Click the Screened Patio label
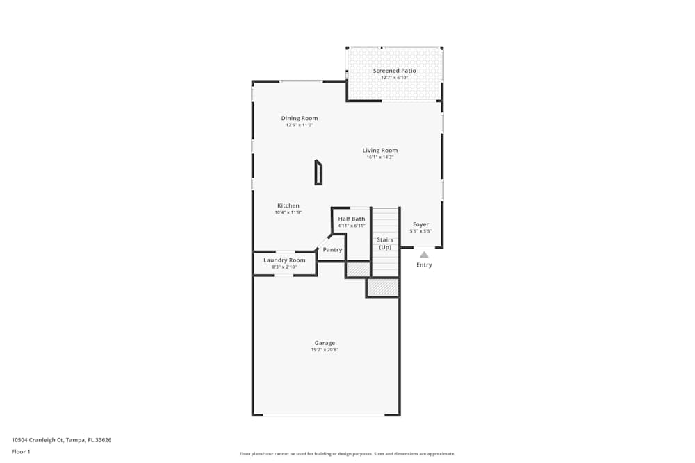tap(394, 71)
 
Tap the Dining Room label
tap(300, 118)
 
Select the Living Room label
tap(380, 150)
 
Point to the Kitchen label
tap(288, 205)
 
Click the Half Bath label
tap(352, 219)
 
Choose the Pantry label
tap(333, 249)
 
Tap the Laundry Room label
tap(284, 260)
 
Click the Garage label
tap(325, 343)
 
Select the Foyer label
tap(421, 224)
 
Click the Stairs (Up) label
tap(385, 244)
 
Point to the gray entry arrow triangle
tap(424, 255)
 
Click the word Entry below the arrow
tap(424, 264)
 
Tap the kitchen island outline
tap(318, 173)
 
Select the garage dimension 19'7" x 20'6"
tap(325, 350)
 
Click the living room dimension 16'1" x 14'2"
tap(380, 158)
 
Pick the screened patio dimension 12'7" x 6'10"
tap(394, 78)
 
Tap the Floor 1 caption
tap(22, 451)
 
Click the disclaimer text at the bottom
tap(347, 453)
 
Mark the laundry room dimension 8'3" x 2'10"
tap(284, 267)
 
